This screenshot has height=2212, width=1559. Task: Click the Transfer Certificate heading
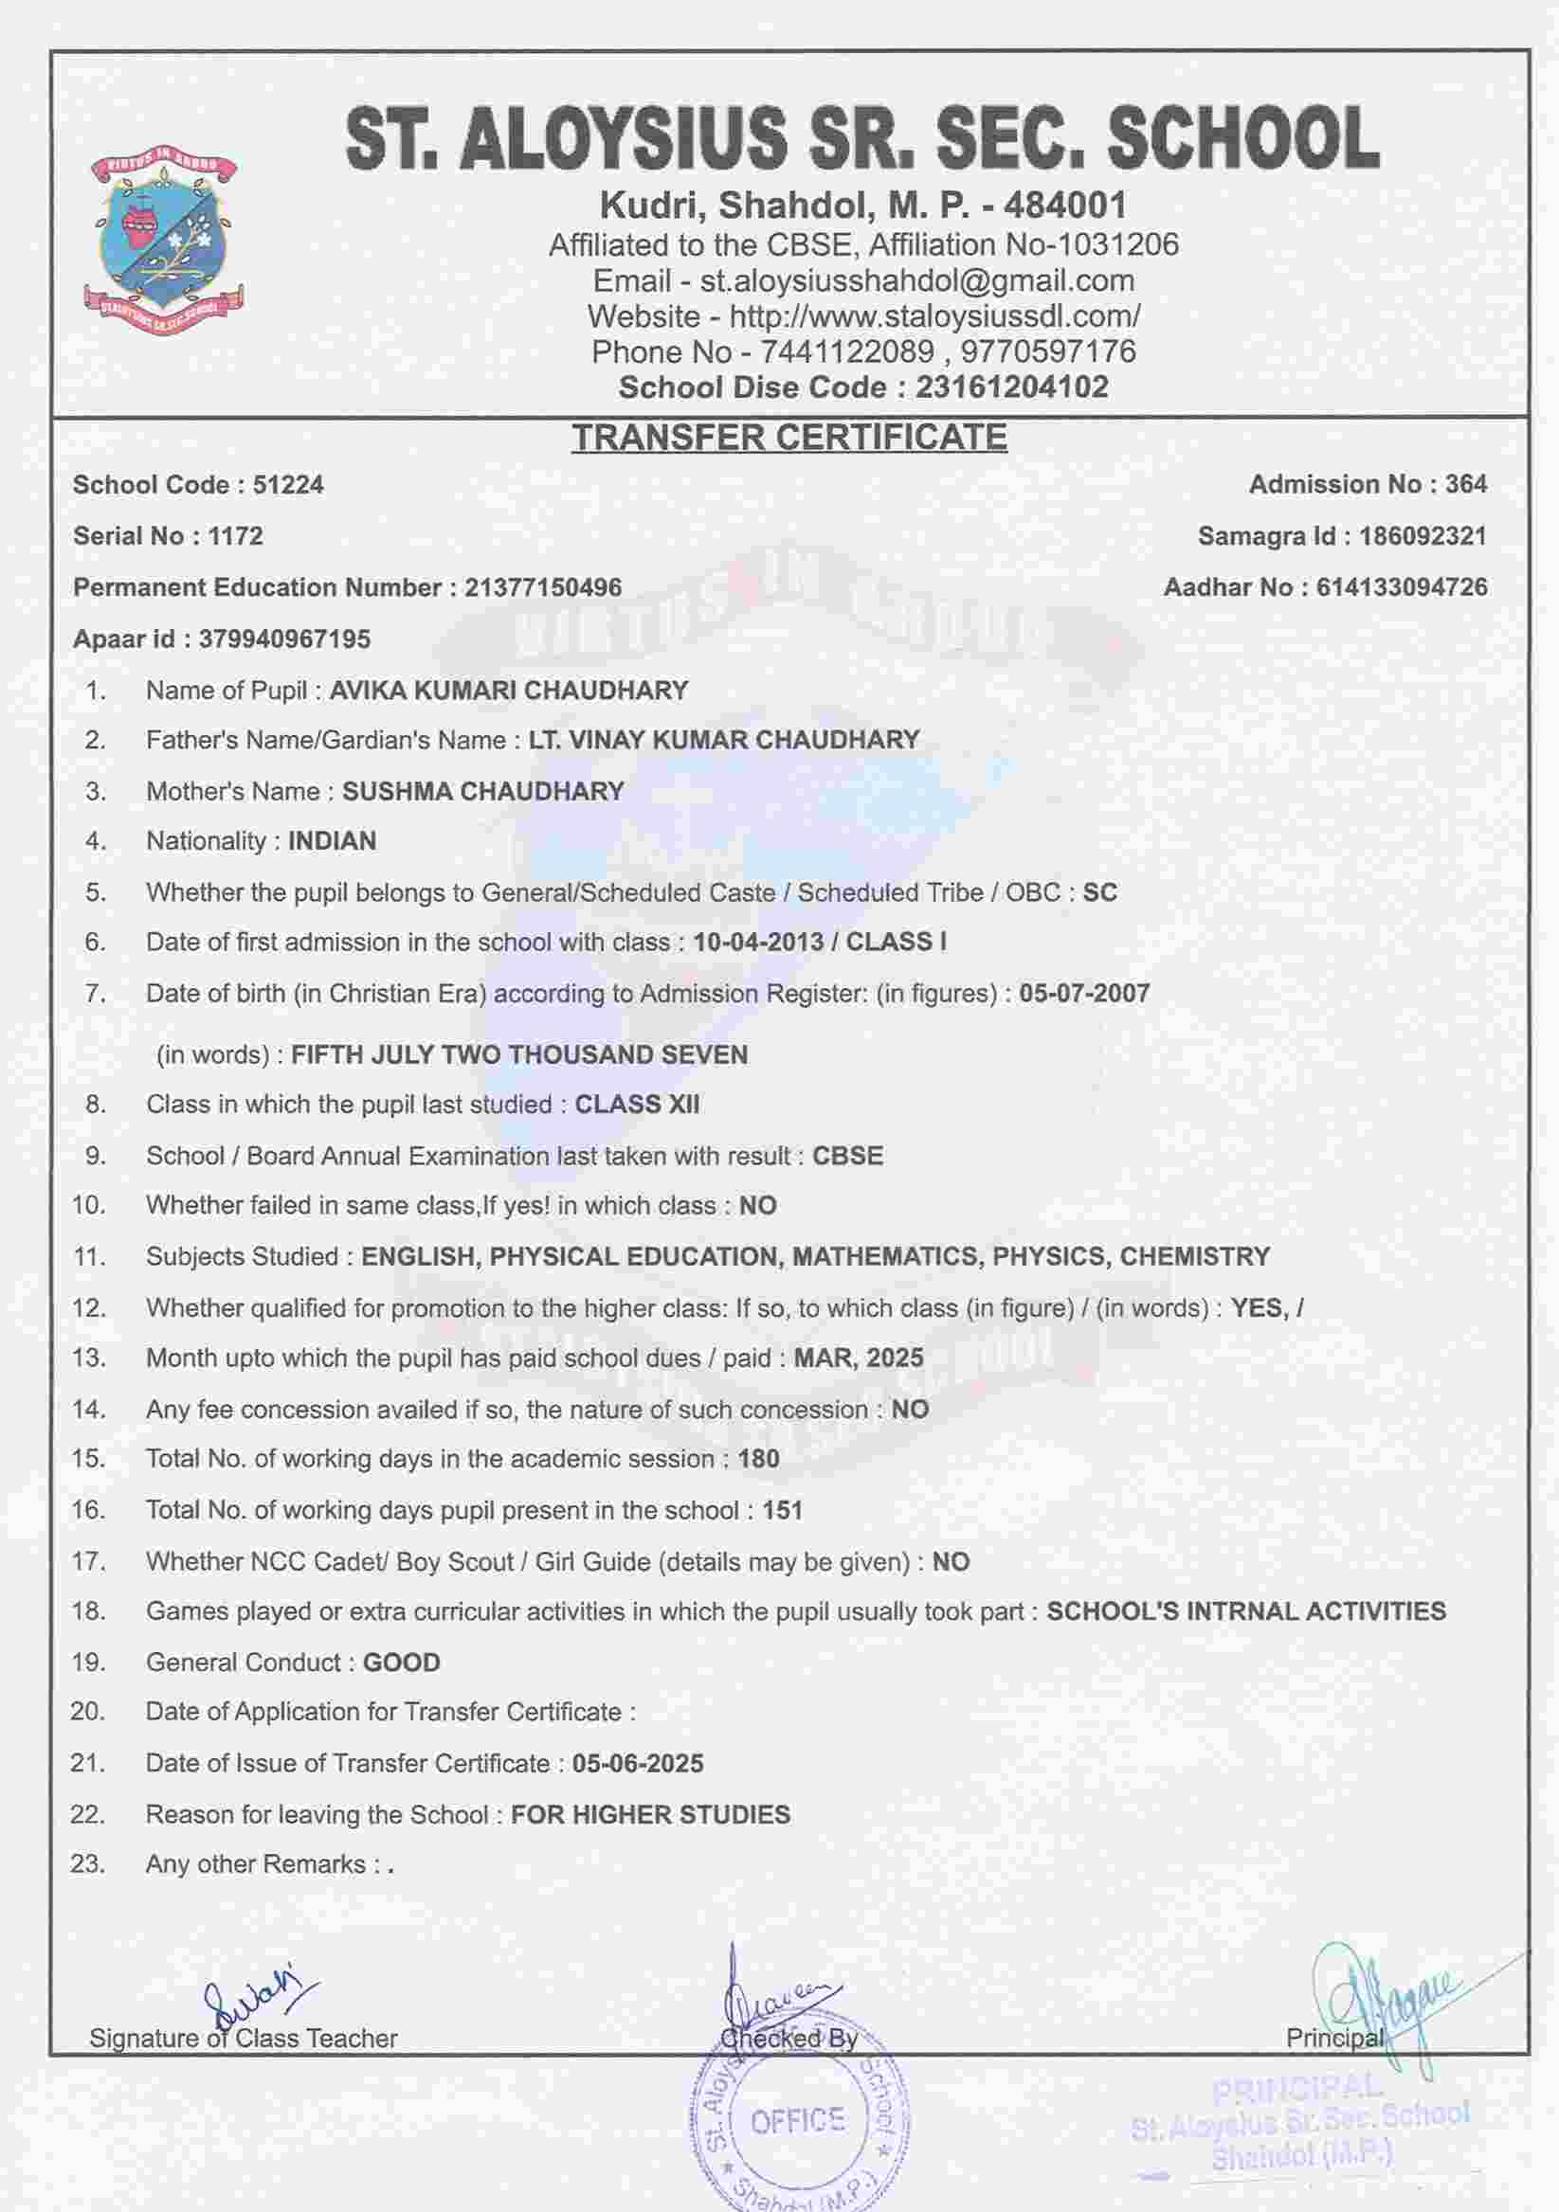(789, 438)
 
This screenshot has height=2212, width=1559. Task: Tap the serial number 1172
(235, 535)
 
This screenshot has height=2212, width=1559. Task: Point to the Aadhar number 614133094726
(1401, 586)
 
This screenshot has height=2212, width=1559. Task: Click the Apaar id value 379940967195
(284, 638)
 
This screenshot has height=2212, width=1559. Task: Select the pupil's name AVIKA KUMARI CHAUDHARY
(509, 691)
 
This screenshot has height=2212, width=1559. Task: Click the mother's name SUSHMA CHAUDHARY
(482, 791)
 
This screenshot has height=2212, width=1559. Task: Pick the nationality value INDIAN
(332, 841)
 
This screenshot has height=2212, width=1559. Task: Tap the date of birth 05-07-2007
(1084, 994)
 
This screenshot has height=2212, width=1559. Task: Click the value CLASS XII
(637, 1104)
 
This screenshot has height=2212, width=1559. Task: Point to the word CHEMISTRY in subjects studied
(1195, 1256)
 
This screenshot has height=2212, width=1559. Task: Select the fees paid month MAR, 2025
(859, 1358)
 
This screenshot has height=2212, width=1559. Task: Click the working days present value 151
(783, 1510)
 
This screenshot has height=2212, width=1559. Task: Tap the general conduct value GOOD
(401, 1662)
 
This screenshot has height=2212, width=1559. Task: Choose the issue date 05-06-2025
(638, 1763)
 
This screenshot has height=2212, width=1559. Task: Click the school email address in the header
(916, 280)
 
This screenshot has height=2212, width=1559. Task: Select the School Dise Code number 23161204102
(1012, 387)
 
